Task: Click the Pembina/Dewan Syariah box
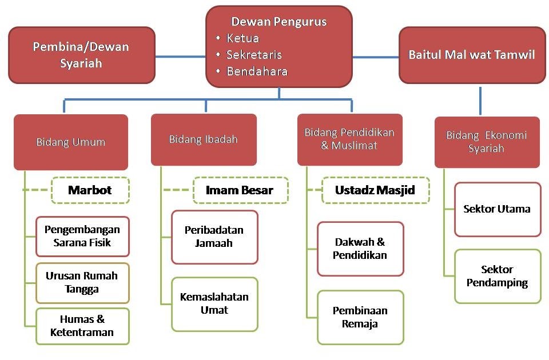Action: (81, 55)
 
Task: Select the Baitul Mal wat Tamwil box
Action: (472, 55)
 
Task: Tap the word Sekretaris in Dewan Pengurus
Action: (254, 55)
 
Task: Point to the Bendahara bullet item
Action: (257, 72)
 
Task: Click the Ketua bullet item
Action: (242, 39)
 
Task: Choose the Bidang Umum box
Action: (71, 142)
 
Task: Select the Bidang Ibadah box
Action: (204, 139)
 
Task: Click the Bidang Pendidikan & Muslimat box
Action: (349, 139)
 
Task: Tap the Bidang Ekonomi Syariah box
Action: (487, 142)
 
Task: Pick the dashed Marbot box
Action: (90, 190)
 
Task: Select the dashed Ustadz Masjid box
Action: (375, 190)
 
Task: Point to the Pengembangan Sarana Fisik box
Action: (83, 236)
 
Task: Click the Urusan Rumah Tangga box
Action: (82, 282)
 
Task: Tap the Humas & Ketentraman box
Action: (82, 326)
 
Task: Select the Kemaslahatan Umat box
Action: (214, 304)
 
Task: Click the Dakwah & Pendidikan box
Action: (360, 249)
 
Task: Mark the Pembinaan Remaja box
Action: (360, 317)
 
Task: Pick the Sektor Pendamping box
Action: (498, 276)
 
